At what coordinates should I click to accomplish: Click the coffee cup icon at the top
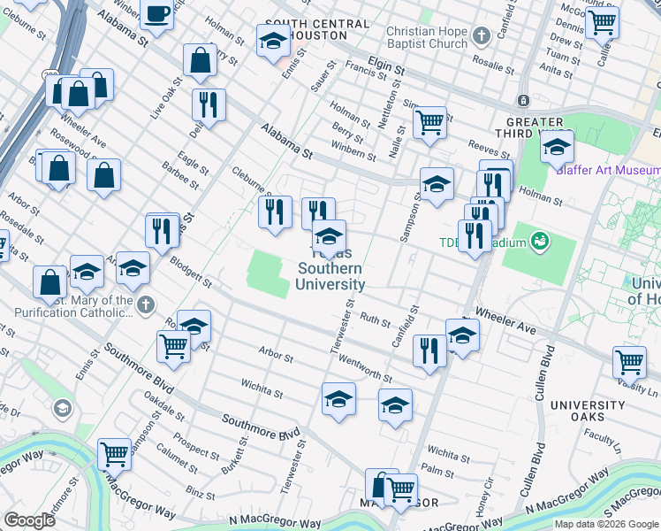tap(156, 15)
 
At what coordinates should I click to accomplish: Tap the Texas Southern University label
tap(330, 269)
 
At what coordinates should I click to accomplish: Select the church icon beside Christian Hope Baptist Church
tap(481, 37)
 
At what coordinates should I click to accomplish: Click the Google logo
tap(30, 520)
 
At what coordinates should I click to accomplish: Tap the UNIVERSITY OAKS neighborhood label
tap(589, 411)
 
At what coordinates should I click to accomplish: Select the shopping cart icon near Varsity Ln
tap(629, 360)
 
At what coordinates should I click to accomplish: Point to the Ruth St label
tap(375, 322)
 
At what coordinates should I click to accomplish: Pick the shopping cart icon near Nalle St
tap(429, 122)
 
